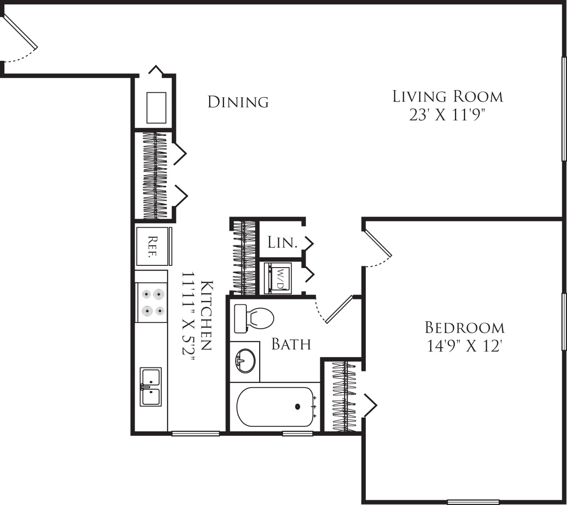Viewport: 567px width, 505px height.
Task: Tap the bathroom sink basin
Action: (x=245, y=360)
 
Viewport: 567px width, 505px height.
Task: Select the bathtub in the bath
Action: (x=275, y=406)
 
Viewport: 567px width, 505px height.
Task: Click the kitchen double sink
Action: (x=151, y=387)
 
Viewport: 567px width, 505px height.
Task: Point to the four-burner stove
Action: (x=151, y=302)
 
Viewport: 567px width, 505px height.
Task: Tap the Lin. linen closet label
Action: (x=282, y=243)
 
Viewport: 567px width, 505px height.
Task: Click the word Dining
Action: (x=238, y=102)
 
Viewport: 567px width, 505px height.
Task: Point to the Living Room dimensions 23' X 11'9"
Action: (x=447, y=115)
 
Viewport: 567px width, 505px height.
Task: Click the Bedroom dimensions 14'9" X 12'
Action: (x=464, y=346)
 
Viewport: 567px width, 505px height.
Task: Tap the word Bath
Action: (x=291, y=344)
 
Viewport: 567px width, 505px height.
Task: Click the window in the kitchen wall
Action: (x=195, y=434)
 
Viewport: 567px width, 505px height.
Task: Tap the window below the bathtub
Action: (x=298, y=434)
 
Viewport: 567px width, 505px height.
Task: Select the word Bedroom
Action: (x=465, y=327)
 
